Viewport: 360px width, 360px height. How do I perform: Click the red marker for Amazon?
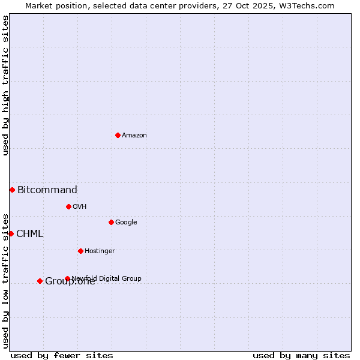(118, 135)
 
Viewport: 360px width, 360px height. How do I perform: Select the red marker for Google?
(111, 222)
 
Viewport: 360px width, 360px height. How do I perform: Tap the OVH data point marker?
(68, 206)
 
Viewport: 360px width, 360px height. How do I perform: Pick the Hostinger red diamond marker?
(80, 251)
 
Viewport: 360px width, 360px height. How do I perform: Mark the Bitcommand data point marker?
(12, 190)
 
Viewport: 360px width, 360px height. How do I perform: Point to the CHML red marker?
(11, 233)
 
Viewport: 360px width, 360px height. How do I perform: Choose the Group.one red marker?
(40, 281)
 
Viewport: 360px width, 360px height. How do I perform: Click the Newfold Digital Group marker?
(67, 278)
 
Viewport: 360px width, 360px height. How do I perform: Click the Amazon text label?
(134, 136)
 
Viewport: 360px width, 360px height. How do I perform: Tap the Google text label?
(126, 223)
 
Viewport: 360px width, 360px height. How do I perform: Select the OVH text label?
(80, 207)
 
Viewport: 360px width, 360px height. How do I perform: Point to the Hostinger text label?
(100, 251)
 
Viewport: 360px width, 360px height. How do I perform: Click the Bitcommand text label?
(47, 190)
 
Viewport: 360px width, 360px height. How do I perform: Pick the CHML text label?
(30, 234)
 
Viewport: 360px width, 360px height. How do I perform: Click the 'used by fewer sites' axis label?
(62, 355)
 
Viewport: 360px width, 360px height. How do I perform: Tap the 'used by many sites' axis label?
(301, 355)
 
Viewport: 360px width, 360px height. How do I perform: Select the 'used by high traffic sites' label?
(5, 85)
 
